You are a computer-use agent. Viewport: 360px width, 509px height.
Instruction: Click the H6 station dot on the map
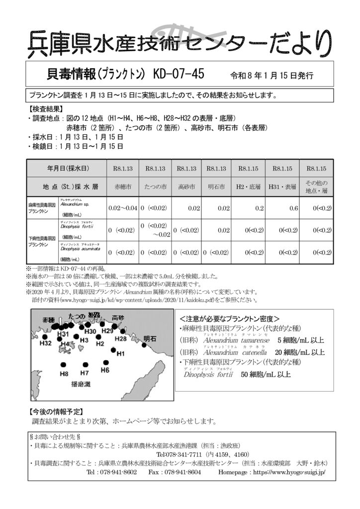(105, 362)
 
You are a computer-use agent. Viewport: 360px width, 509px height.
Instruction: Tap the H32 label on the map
(46, 343)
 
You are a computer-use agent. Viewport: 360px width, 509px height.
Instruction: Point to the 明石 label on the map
(150, 339)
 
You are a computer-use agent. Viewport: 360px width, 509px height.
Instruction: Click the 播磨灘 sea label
(81, 384)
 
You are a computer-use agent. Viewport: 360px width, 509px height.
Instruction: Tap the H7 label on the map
(84, 373)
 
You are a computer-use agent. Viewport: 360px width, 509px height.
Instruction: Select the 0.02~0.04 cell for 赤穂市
(122, 208)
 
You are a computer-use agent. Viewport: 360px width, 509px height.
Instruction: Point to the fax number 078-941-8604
(181, 472)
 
